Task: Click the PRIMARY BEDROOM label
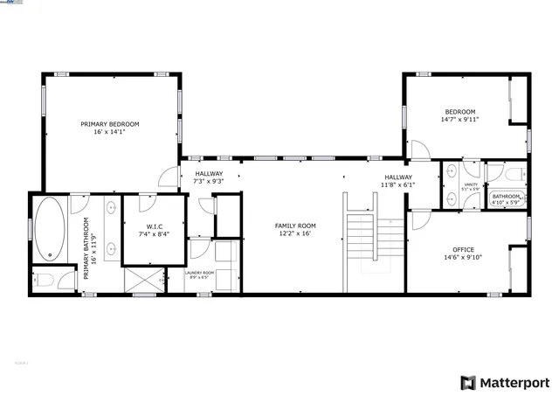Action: (x=110, y=124)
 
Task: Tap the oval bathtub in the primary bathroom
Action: (x=49, y=229)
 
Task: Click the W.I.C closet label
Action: (x=152, y=226)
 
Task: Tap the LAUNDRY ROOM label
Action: (x=198, y=273)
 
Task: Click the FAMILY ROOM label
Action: (x=296, y=226)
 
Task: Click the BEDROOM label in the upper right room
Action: (x=459, y=112)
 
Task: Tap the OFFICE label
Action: (x=462, y=249)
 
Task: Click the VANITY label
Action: (x=470, y=184)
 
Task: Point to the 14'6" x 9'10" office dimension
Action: (x=462, y=258)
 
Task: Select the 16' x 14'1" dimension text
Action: (x=110, y=132)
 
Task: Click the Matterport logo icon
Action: (x=469, y=382)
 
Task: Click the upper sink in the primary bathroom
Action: (x=112, y=208)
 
